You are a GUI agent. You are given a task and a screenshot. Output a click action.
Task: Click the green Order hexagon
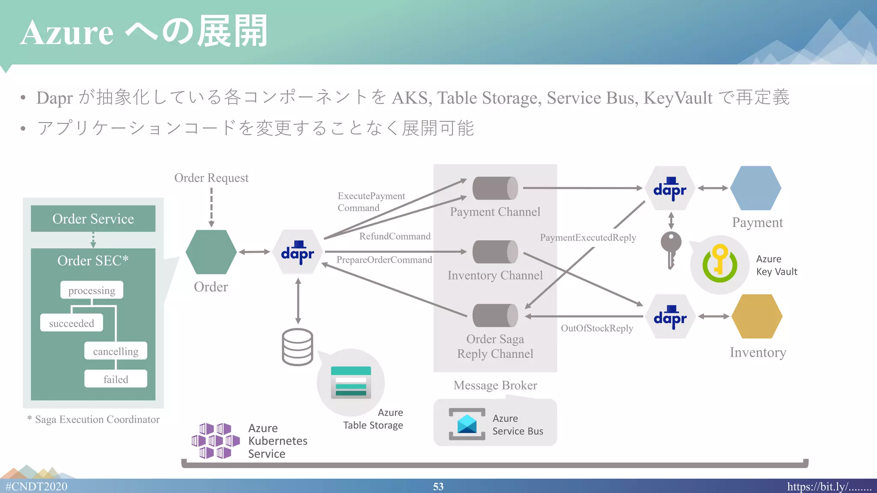click(x=211, y=252)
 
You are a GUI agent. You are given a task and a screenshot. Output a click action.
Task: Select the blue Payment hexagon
click(x=756, y=188)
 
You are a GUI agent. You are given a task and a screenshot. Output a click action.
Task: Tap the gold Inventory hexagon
click(x=757, y=316)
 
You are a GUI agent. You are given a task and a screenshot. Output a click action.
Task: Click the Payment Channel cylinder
click(x=495, y=188)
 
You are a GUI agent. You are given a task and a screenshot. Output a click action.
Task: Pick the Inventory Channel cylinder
click(x=495, y=252)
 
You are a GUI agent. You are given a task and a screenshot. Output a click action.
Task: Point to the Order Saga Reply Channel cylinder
click(x=495, y=315)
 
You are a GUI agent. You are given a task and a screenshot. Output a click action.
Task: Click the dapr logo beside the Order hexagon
click(x=298, y=252)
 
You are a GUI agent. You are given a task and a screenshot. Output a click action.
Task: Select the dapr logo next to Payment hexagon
click(x=670, y=188)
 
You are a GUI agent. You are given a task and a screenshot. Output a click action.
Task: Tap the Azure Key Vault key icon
click(x=720, y=264)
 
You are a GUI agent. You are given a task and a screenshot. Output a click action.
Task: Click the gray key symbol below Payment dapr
click(x=671, y=249)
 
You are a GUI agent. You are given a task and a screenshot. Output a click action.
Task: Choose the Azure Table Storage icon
click(x=351, y=382)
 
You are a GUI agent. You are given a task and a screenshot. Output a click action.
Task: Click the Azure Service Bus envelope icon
click(x=467, y=424)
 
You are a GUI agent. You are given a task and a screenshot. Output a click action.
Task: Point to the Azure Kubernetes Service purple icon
click(x=215, y=441)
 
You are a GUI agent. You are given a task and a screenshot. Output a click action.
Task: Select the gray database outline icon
click(x=298, y=347)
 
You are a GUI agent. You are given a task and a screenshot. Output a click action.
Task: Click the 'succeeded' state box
click(x=72, y=323)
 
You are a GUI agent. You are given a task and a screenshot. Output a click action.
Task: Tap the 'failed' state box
click(x=116, y=379)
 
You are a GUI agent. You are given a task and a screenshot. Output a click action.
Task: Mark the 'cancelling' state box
click(x=116, y=351)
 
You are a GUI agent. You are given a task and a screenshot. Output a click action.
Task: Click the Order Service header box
click(x=93, y=219)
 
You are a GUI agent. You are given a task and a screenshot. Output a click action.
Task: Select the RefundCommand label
click(x=395, y=236)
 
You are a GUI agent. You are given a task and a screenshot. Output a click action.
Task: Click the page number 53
click(x=438, y=487)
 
